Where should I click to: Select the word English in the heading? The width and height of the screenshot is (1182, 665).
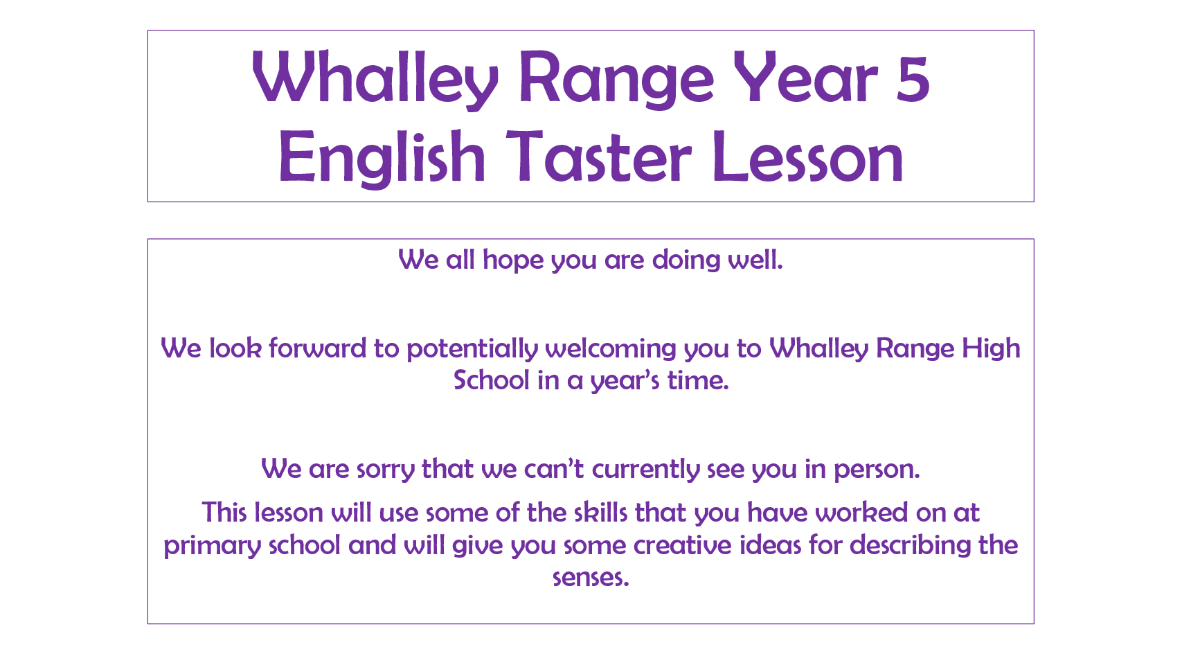tap(382, 158)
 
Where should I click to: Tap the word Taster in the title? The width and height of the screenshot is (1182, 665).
tap(598, 158)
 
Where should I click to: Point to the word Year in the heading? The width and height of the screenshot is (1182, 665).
tap(805, 78)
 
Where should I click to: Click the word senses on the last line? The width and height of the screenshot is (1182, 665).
tap(591, 578)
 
